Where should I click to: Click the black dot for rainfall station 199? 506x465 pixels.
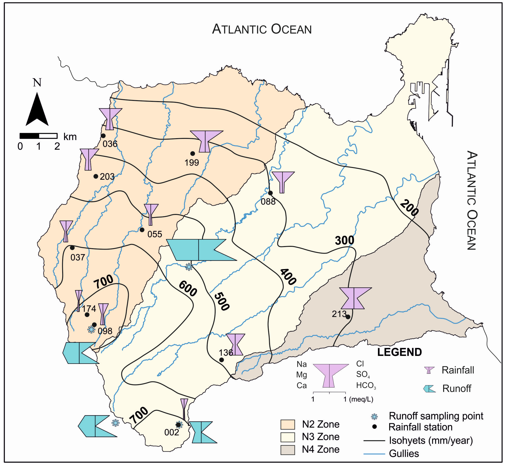(193, 154)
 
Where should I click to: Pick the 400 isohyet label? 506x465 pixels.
(288, 277)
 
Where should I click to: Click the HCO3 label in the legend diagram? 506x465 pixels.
(366, 386)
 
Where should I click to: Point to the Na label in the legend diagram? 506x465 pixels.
(302, 364)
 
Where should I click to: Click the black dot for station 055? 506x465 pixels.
(142, 230)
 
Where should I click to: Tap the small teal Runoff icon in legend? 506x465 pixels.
(429, 389)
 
